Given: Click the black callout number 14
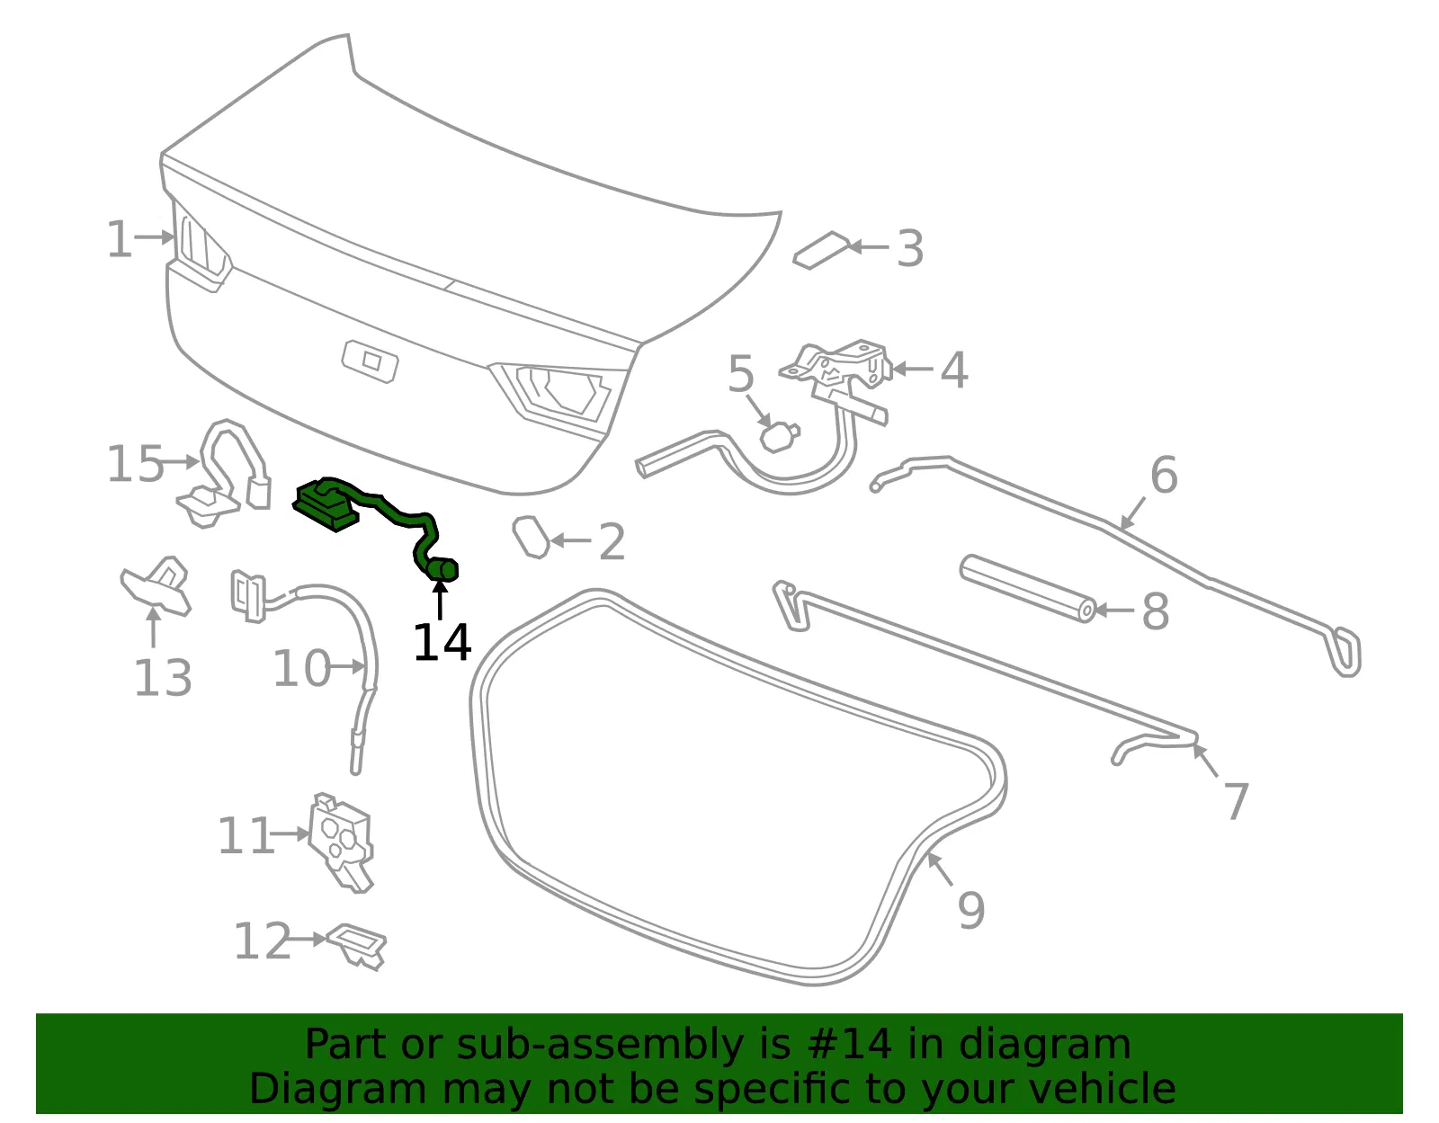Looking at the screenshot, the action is point(442,642).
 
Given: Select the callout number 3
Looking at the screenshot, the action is point(910,249).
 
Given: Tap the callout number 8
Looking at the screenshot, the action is point(1156,611).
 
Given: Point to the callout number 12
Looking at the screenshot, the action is point(263,940).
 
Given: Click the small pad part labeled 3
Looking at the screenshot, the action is point(821,250).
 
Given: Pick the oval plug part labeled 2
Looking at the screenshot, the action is point(532,537).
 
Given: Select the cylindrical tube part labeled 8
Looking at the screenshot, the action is point(1027,588).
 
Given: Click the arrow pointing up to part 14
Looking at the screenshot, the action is point(440,600).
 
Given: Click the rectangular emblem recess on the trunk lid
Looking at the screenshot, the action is point(371,361).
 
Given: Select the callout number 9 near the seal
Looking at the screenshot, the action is point(971,911).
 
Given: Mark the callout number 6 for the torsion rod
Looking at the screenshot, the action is point(1164,475).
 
